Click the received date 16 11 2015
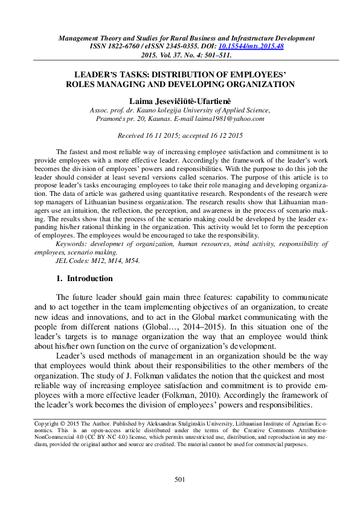click(160, 136)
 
